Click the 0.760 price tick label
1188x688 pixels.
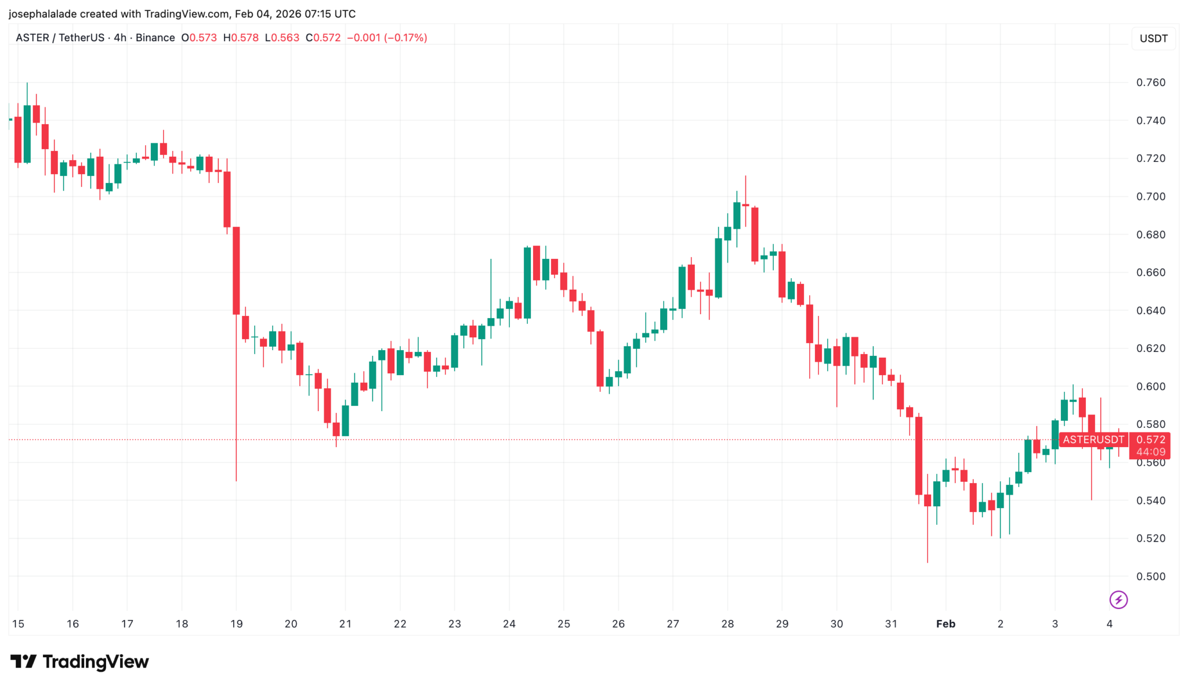pyautogui.click(x=1150, y=82)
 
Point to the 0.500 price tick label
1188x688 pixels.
pyautogui.click(x=1150, y=577)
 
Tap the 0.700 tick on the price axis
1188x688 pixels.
pyautogui.click(x=1150, y=197)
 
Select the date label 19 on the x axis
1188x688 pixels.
pyautogui.click(x=236, y=624)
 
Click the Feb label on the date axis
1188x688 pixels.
pyautogui.click(x=946, y=624)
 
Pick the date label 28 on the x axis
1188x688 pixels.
pyautogui.click(x=727, y=624)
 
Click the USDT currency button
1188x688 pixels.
pyautogui.click(x=1153, y=39)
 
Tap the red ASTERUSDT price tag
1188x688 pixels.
pyautogui.click(x=1093, y=440)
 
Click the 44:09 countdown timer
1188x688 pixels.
pyautogui.click(x=1150, y=452)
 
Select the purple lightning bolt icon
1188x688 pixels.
pyautogui.click(x=1118, y=599)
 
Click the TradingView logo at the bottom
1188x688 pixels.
pyautogui.click(x=80, y=662)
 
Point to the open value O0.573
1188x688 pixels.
pyautogui.click(x=199, y=38)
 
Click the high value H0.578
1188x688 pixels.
pyautogui.click(x=241, y=38)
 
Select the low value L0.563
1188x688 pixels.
pyautogui.click(x=282, y=38)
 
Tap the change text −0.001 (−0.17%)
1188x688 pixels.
pyautogui.click(x=387, y=38)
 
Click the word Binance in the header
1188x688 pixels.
pyautogui.click(x=155, y=38)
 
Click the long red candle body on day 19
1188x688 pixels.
pyautogui.click(x=236, y=271)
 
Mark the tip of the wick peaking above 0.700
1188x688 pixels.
pyautogui.click(x=745, y=176)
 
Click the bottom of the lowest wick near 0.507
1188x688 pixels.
pyautogui.click(x=928, y=562)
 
